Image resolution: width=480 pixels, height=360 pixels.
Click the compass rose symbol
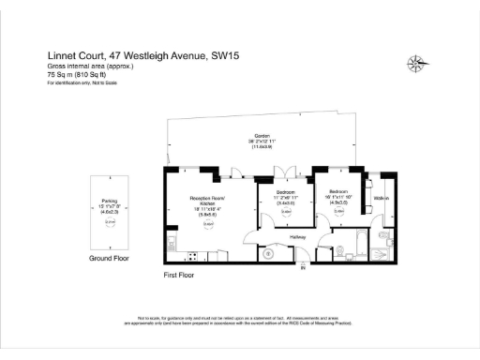(x=416, y=64)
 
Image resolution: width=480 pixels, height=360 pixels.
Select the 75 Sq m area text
(x=60, y=75)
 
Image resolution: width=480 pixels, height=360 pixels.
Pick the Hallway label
(x=298, y=237)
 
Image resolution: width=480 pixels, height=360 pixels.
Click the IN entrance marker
(x=303, y=269)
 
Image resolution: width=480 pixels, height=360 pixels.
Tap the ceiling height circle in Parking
(x=109, y=221)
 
